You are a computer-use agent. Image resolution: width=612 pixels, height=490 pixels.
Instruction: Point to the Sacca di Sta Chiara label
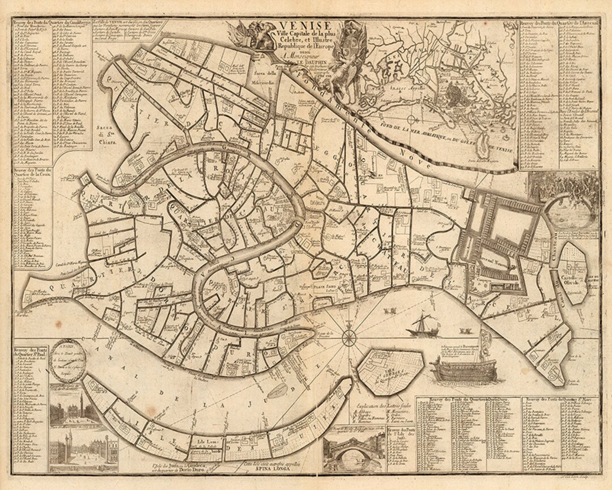pyautogui.click(x=108, y=137)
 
